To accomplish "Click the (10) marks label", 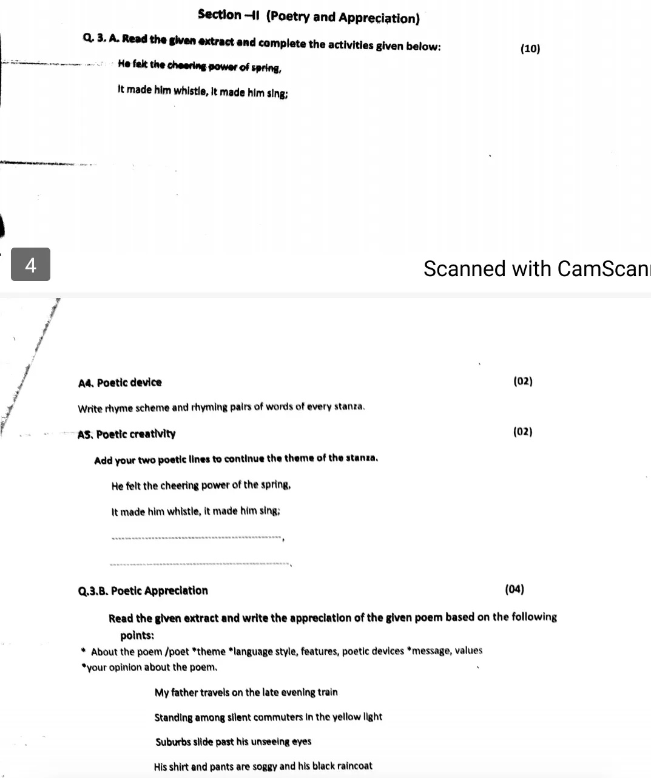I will (x=530, y=49).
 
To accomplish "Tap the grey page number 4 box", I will (x=31, y=265).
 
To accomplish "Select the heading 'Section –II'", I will (x=229, y=16).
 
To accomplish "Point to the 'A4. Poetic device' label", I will (x=120, y=382).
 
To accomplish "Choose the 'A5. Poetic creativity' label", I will (x=127, y=434).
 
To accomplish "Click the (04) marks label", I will (x=514, y=589).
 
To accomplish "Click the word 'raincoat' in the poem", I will (x=352, y=766).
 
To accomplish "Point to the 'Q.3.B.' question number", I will (x=93, y=591).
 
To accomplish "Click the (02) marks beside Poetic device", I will (x=522, y=381).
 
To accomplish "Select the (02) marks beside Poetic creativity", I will (x=522, y=431).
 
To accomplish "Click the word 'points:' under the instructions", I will (x=137, y=635).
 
